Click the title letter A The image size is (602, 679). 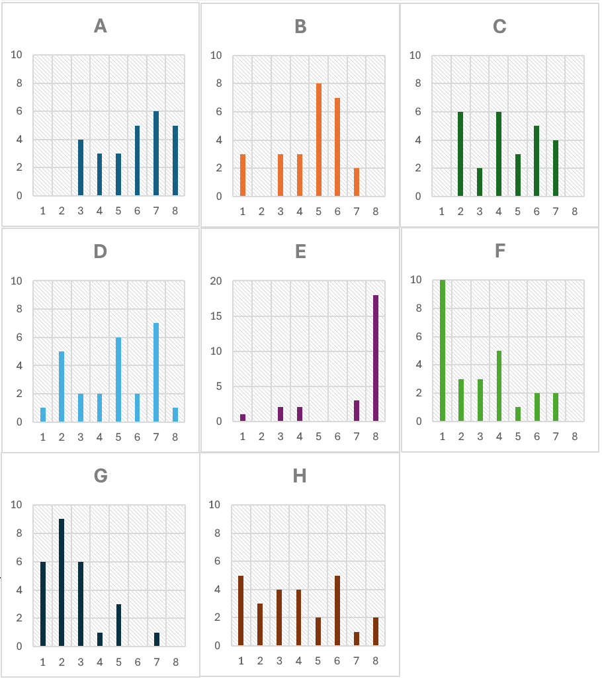tap(101, 26)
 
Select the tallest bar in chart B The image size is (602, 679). tap(319, 140)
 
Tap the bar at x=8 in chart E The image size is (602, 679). tap(376, 358)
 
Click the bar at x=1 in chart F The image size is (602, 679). tap(443, 350)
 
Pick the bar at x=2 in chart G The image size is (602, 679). tap(62, 582)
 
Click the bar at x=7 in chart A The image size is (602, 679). tap(156, 153)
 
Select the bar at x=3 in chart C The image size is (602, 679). tap(480, 182)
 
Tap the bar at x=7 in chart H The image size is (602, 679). tap(357, 639)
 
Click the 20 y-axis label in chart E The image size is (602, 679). tap(216, 281)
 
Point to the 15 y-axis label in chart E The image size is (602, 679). tap(216, 316)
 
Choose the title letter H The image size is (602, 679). tap(300, 476)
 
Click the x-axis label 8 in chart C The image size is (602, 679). tap(574, 212)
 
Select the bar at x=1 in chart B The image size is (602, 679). tap(243, 175)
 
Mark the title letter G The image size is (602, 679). tap(101, 476)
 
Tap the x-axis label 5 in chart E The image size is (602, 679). tap(319, 437)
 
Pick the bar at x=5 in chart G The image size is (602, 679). tap(118, 625)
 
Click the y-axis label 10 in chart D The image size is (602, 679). tap(17, 281)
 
